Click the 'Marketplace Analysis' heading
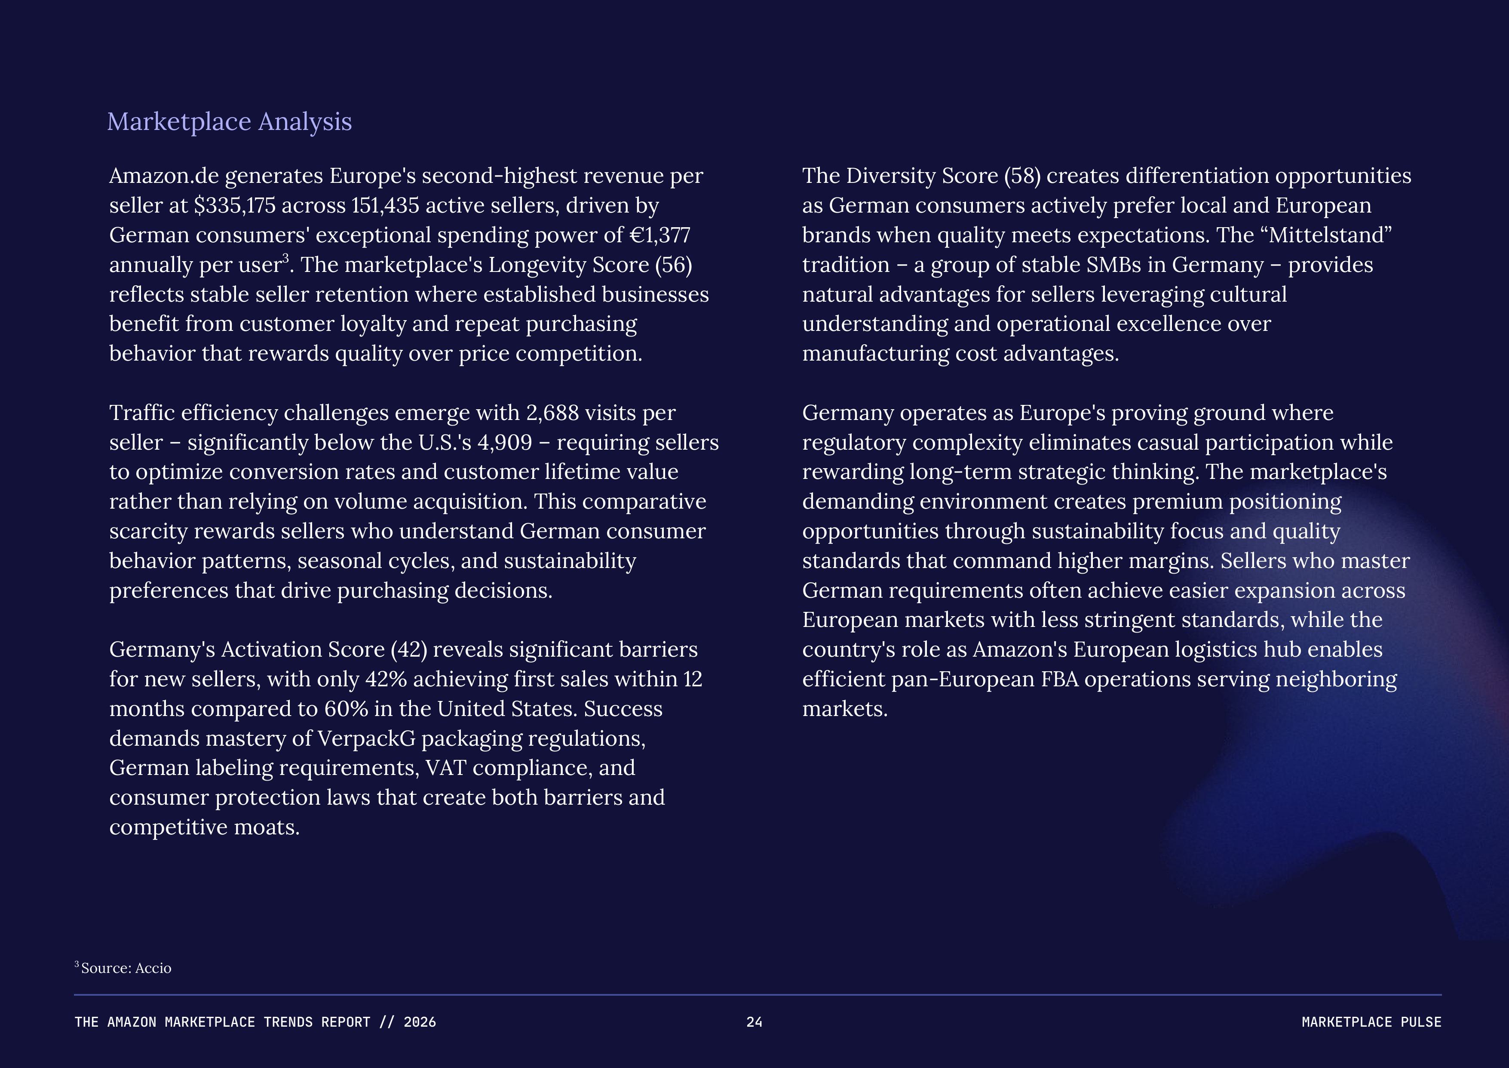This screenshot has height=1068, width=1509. tap(230, 122)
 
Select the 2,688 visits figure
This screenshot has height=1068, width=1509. tap(552, 413)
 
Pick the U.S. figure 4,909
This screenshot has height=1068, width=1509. tap(504, 443)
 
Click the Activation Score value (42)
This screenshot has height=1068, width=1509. tap(409, 650)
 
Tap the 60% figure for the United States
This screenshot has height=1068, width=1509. tap(341, 709)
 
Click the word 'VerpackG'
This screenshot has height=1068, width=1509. tap(367, 738)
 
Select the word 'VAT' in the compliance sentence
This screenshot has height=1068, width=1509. tap(445, 768)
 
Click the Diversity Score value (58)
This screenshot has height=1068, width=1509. tap(1022, 176)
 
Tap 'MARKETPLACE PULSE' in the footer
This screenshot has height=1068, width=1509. tap(1371, 1022)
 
